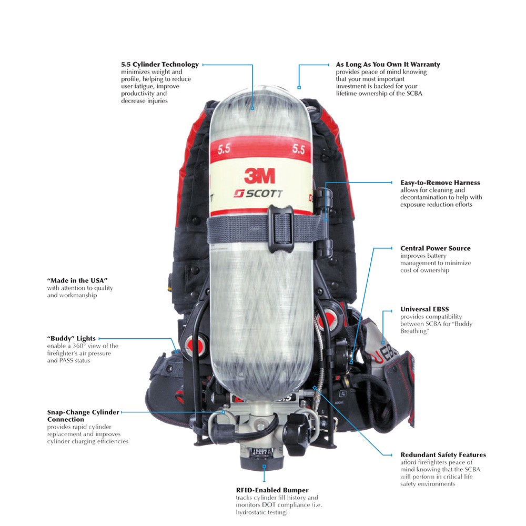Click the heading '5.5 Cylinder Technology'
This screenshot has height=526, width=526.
160,64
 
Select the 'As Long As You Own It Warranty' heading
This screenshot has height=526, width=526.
388,64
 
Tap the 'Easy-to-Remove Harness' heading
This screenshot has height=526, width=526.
440,183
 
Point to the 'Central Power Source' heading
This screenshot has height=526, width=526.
435,248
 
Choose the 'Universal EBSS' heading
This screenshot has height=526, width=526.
424,309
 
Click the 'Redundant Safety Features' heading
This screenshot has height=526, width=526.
443,455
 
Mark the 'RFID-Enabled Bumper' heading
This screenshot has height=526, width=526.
272,490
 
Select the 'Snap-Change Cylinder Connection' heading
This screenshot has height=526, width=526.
83,416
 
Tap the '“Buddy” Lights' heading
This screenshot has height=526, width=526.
71,338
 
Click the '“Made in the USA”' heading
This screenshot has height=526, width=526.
77,280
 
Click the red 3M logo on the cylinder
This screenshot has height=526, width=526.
260,176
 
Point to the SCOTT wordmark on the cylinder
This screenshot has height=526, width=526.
258,194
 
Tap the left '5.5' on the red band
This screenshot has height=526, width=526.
224,149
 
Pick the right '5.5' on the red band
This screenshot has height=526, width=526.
298,149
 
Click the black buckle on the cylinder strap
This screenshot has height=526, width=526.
281,228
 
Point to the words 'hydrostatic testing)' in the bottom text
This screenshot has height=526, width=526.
261,512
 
